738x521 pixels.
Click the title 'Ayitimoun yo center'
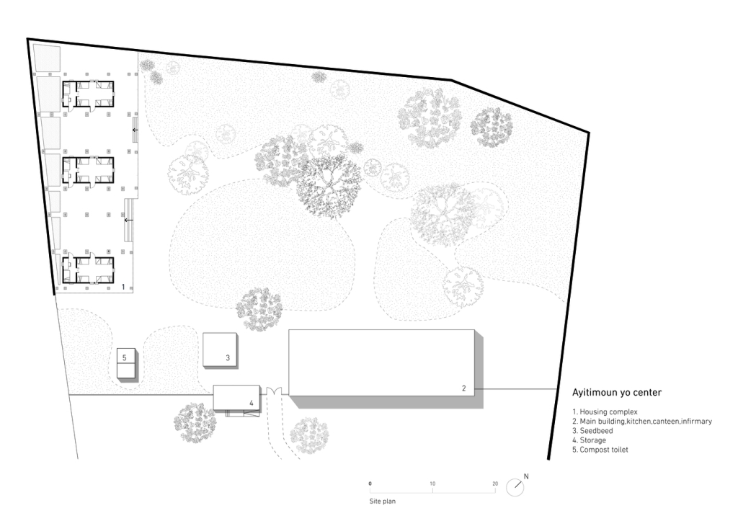point(617,393)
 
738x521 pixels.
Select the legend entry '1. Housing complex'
point(605,411)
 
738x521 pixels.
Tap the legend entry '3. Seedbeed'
point(592,431)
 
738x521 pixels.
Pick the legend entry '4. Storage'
point(590,440)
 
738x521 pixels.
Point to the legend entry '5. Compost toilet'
point(600,450)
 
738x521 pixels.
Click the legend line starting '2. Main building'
point(642,422)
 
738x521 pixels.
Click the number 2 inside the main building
point(464,388)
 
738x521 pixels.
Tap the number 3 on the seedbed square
point(228,357)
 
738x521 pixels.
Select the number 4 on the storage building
point(252,403)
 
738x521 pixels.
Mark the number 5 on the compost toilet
point(124,357)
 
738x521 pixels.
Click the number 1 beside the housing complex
point(123,287)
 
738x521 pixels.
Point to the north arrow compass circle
point(515,487)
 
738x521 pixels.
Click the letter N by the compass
point(526,476)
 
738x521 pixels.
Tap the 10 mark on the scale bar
point(432,484)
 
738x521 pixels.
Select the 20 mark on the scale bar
point(495,484)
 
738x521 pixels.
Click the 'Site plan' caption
point(382,502)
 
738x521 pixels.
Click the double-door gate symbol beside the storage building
point(274,391)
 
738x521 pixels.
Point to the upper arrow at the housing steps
point(135,130)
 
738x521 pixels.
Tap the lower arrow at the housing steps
point(128,220)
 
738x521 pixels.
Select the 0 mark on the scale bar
point(370,484)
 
